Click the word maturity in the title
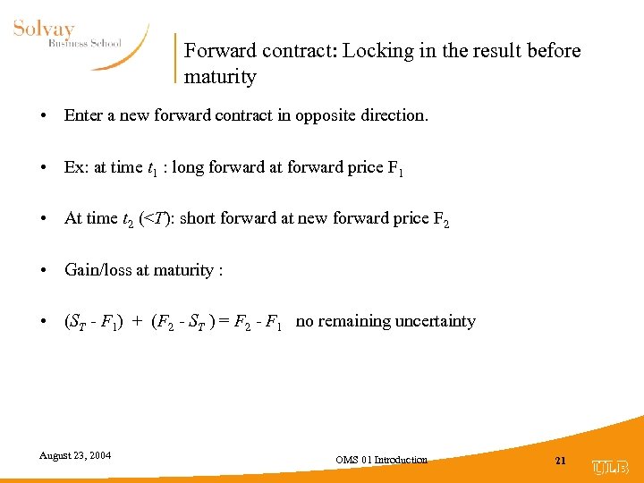[220, 77]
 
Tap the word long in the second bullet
[225, 167]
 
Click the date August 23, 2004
[75, 455]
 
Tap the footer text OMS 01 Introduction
[381, 460]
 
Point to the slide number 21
[561, 461]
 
